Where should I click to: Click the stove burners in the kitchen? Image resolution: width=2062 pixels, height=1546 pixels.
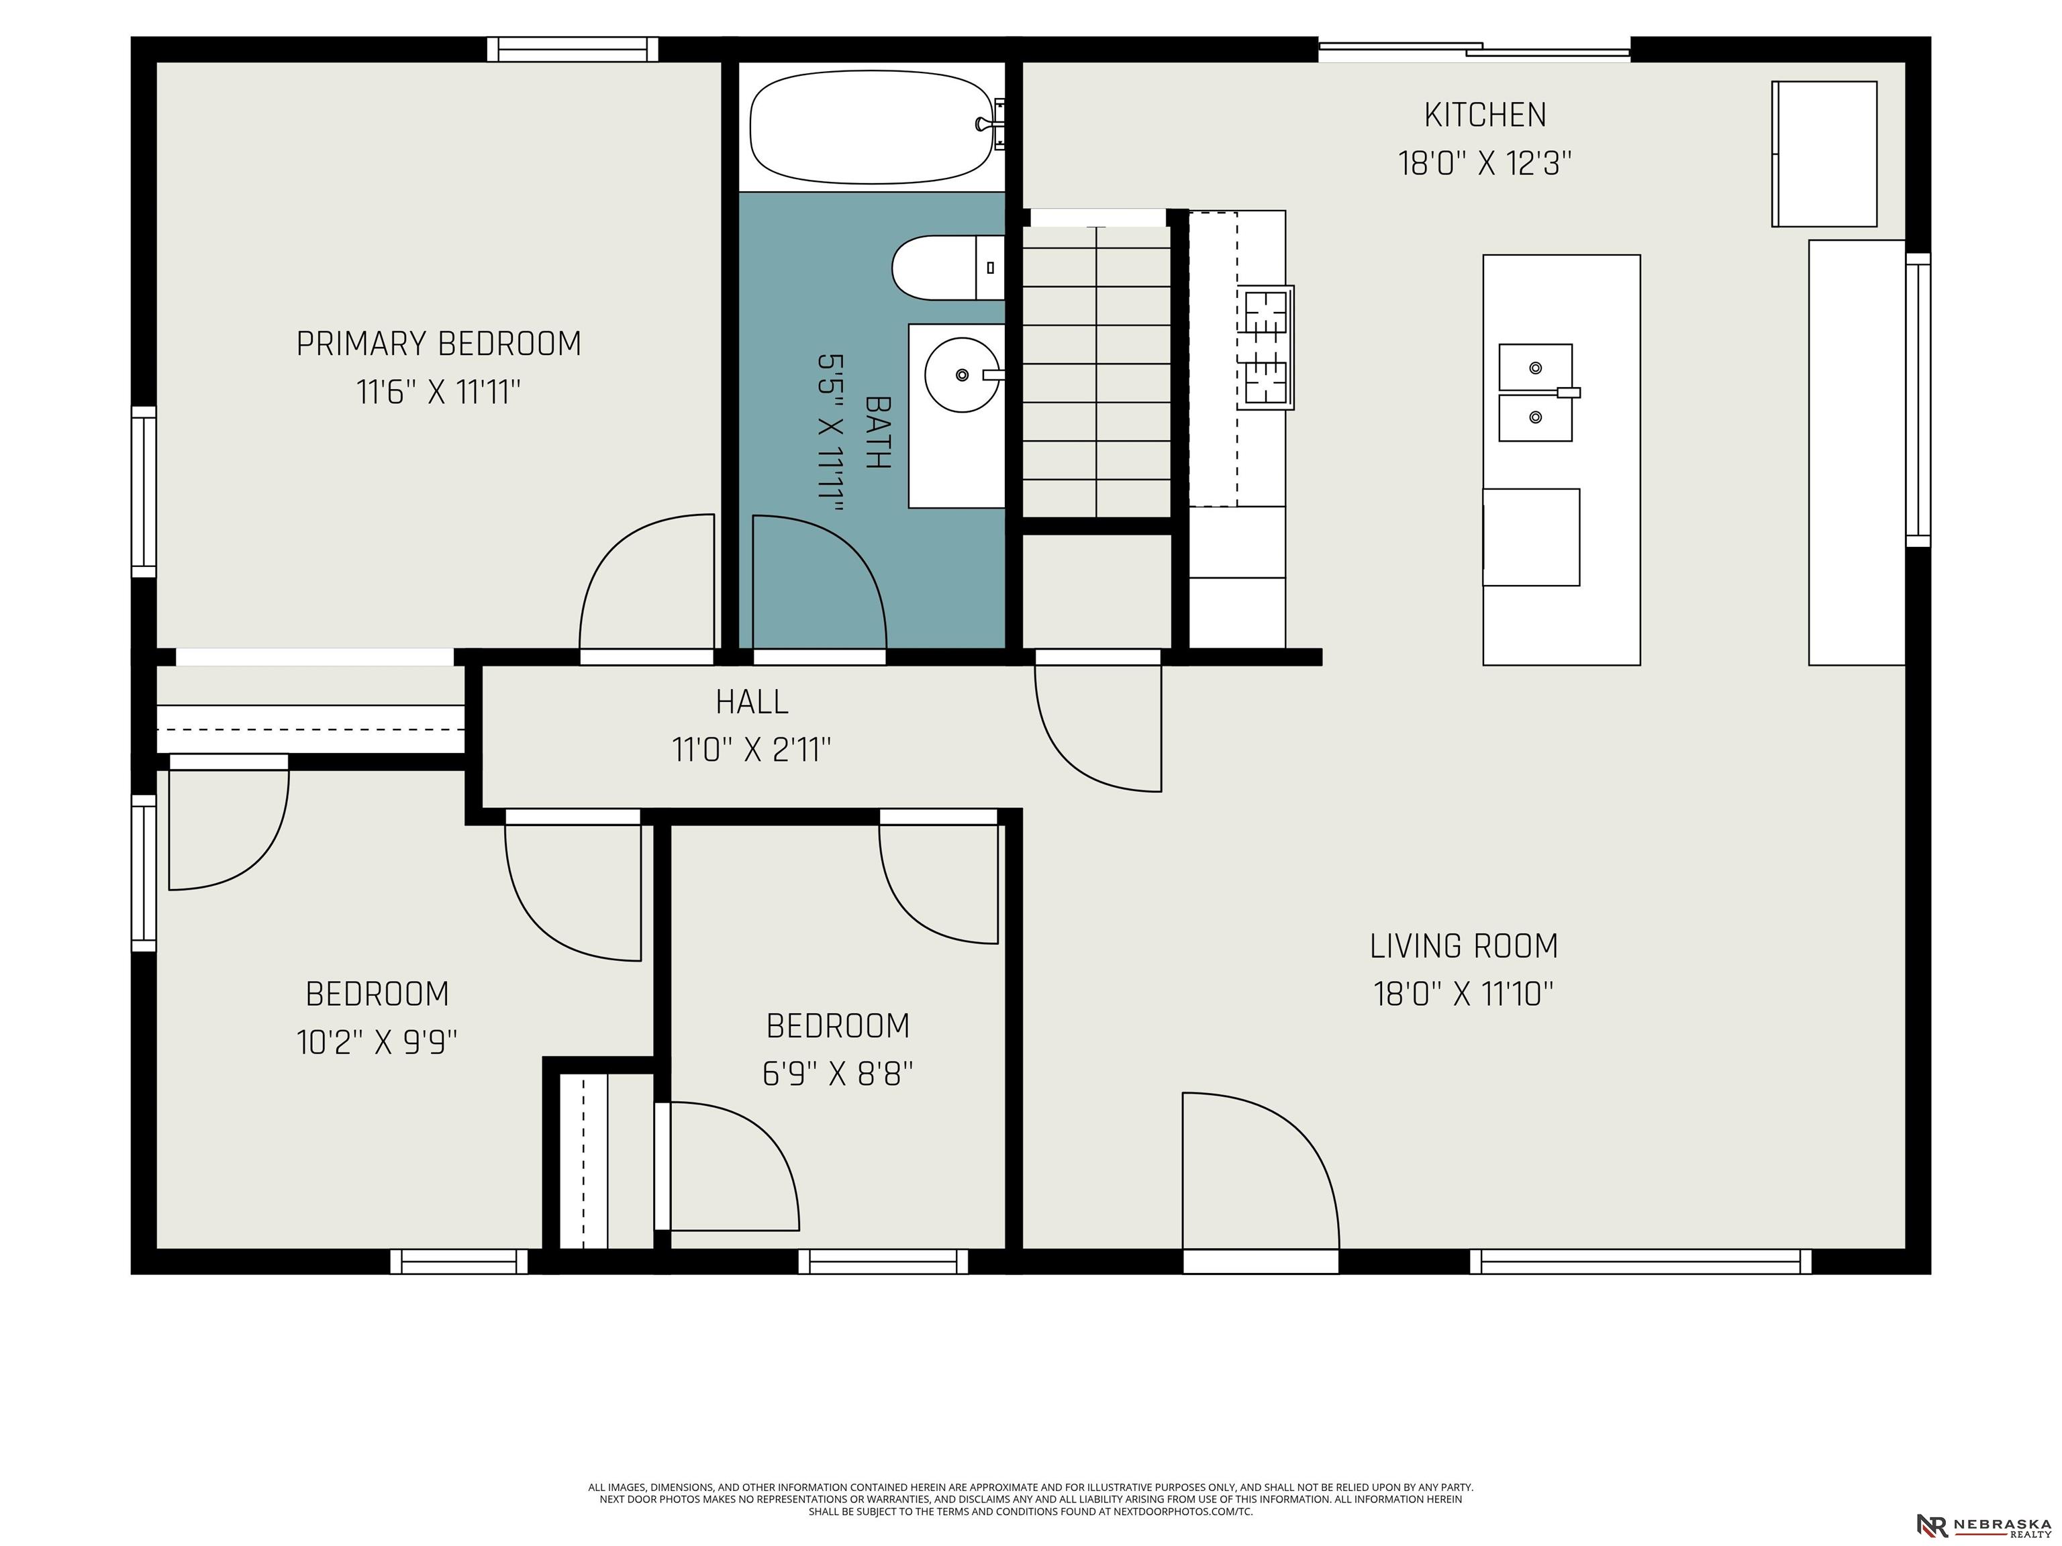click(1265, 348)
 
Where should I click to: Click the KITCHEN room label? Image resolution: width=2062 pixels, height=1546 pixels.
click(1485, 115)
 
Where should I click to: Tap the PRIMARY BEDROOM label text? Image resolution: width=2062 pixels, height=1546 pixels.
click(438, 344)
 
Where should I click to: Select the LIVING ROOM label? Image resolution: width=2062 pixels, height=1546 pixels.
click(1463, 946)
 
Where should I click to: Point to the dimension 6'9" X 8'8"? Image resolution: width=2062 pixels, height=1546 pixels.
click(837, 1074)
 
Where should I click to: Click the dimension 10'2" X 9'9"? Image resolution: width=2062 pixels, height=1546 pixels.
click(377, 1042)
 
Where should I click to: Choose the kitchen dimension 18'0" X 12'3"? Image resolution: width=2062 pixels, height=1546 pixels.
click(1485, 164)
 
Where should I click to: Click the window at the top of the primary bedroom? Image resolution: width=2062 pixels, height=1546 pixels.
click(573, 50)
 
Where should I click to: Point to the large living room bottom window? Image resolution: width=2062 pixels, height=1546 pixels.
click(1640, 1261)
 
